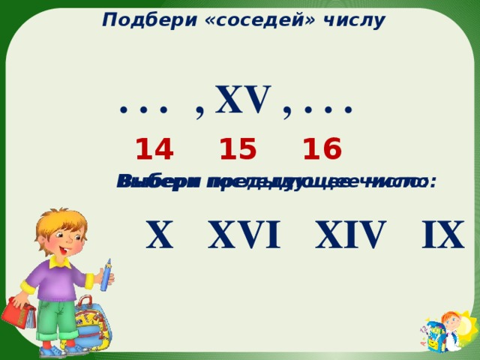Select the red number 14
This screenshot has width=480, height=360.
click(154, 150)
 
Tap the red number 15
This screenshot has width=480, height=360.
click(238, 150)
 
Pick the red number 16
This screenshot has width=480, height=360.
click(322, 150)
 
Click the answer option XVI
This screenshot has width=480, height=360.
click(245, 235)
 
